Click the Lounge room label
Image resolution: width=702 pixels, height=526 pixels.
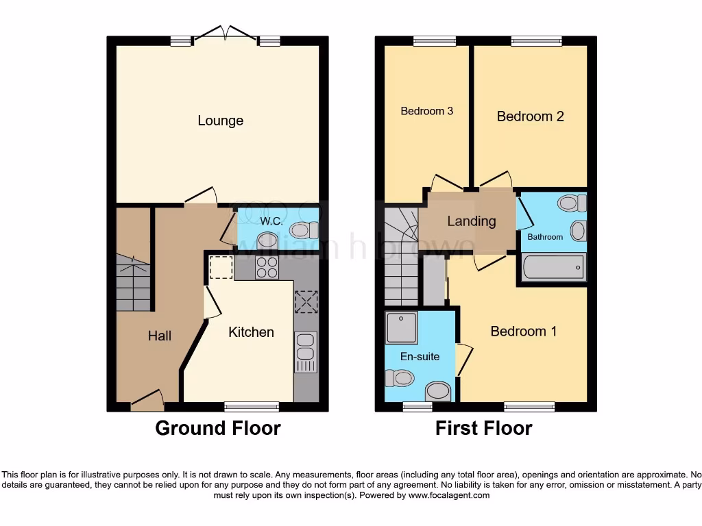(x=220, y=121)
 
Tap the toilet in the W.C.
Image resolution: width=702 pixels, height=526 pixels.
(x=300, y=230)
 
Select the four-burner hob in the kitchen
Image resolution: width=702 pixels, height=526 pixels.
(x=267, y=267)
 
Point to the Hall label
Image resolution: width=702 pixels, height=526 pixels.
(x=160, y=336)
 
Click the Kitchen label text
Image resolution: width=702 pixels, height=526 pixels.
(x=251, y=332)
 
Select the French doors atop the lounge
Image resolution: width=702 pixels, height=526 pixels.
(x=221, y=34)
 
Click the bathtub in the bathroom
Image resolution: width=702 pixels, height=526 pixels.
(x=553, y=267)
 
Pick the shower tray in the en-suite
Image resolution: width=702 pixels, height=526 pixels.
(x=402, y=327)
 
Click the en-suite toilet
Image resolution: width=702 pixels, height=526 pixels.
(x=399, y=378)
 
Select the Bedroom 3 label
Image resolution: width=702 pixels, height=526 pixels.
(x=426, y=111)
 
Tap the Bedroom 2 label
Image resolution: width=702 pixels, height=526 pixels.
(x=530, y=116)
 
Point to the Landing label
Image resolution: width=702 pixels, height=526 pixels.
(x=471, y=221)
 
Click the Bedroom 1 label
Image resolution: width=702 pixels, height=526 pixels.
(x=523, y=331)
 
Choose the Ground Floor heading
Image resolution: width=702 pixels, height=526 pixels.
(x=218, y=428)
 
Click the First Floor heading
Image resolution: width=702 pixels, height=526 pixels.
(x=483, y=428)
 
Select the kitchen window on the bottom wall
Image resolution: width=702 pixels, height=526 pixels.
(x=252, y=406)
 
